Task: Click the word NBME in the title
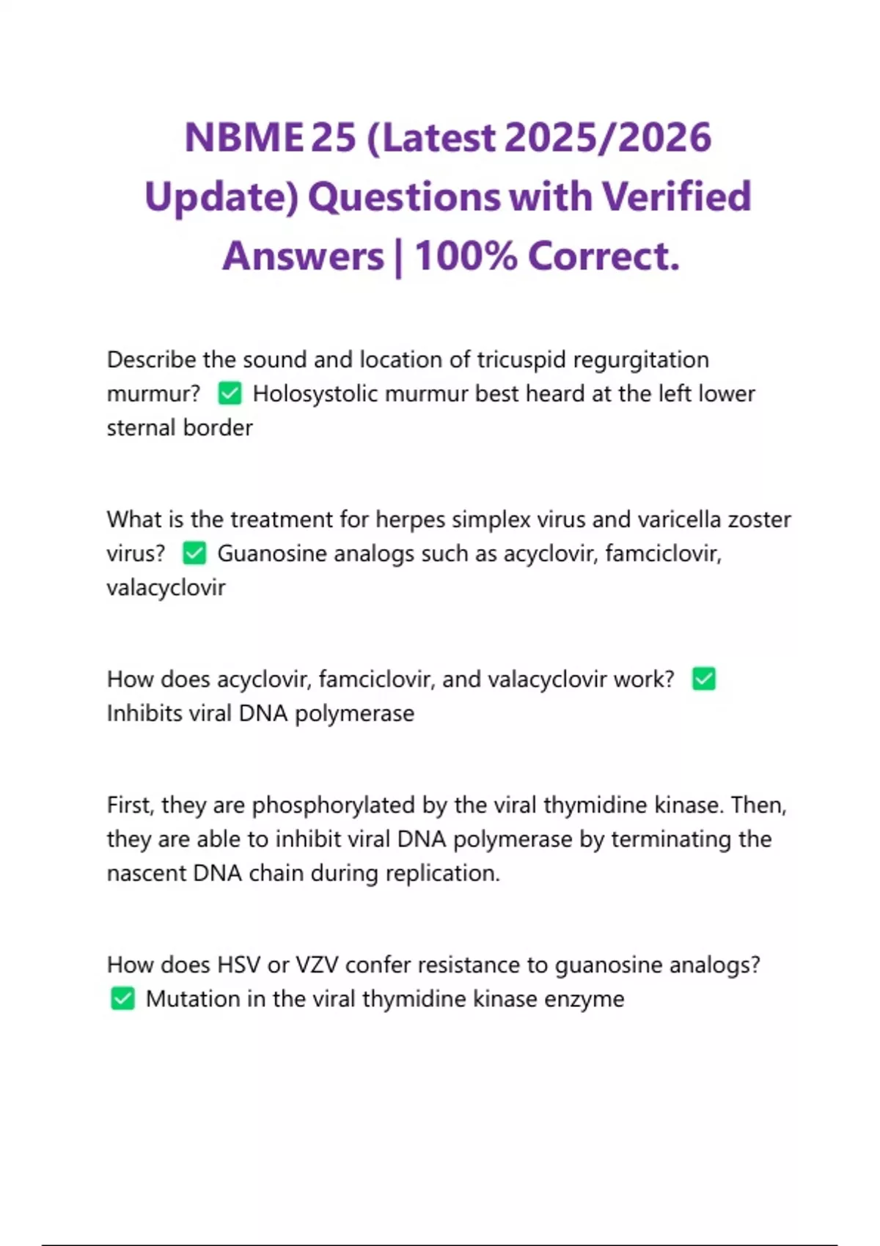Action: [x=243, y=138]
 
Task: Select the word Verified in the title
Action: [x=676, y=197]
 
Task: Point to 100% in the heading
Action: [x=466, y=257]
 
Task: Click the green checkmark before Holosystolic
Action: [x=230, y=394]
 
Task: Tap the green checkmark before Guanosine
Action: [x=194, y=553]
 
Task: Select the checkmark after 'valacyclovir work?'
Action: [x=704, y=679]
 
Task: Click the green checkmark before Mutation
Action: [x=122, y=998]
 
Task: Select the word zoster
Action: [x=759, y=520]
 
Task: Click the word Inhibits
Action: [x=144, y=713]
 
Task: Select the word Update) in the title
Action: [x=221, y=197]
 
